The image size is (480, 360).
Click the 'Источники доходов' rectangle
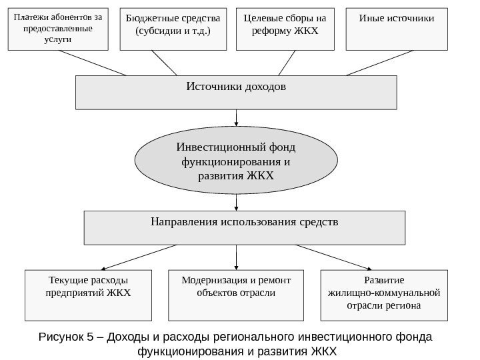pos(237,92)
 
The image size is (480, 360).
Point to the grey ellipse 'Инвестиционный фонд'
pos(237,161)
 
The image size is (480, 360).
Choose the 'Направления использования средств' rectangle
pos(244,228)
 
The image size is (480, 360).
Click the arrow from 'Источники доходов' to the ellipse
pos(237,118)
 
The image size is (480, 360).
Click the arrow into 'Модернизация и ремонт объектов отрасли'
pos(237,257)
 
